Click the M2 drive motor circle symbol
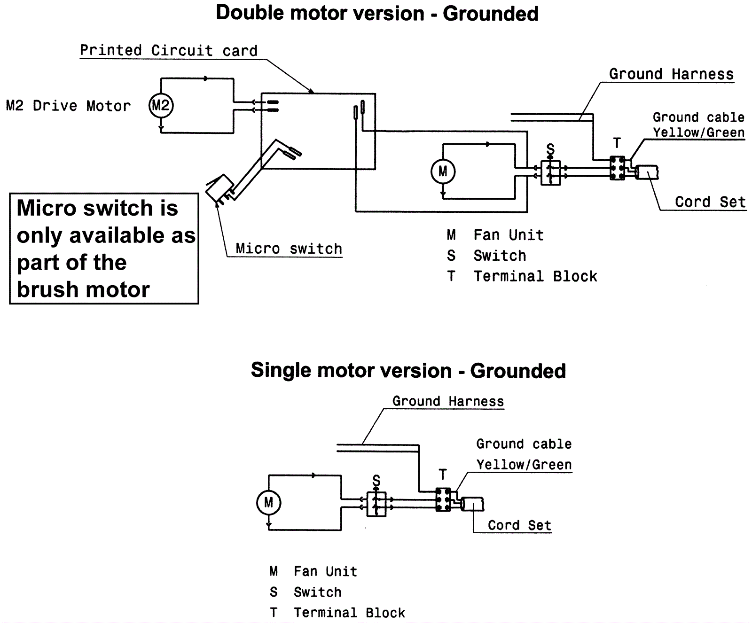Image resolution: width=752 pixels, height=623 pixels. point(161,106)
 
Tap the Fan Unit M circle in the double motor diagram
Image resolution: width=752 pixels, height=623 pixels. point(443,171)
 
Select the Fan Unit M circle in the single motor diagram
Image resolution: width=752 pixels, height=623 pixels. point(268,503)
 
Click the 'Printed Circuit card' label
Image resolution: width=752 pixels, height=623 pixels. point(168,51)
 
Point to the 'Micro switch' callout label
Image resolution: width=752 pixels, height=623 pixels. point(289,249)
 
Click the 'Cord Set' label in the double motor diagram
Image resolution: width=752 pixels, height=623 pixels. point(710,202)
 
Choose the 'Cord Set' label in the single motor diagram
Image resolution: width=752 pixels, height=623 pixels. point(519,525)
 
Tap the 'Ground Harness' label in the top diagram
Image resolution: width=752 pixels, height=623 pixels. point(671,74)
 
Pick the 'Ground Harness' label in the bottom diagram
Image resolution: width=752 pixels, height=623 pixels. point(448,401)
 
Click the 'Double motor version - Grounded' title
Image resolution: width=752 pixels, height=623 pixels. point(377,14)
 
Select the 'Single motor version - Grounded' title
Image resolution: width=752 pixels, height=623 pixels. point(408,371)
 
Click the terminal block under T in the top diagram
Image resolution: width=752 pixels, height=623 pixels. point(617,168)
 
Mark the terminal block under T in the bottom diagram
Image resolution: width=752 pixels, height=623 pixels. point(443,499)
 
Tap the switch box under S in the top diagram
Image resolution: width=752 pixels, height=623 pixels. point(550,173)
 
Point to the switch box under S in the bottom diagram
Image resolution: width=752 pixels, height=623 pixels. point(376,505)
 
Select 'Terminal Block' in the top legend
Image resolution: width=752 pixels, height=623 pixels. point(535,276)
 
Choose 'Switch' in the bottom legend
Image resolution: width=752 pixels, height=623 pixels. point(317,592)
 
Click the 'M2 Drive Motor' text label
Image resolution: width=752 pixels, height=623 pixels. point(68,106)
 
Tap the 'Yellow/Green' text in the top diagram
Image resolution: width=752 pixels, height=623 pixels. point(698,132)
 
